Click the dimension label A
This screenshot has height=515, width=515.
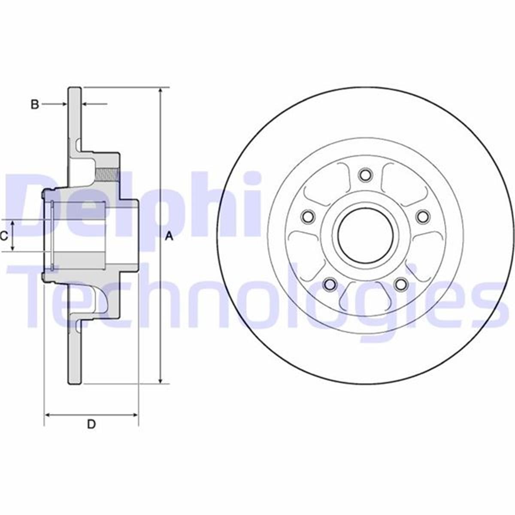[x=169, y=236]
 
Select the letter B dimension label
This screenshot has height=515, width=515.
[x=35, y=104]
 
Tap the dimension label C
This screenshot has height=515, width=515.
[x=4, y=236]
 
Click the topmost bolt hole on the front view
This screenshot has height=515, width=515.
[x=365, y=175]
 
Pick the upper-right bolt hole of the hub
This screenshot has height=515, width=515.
[x=423, y=216]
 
